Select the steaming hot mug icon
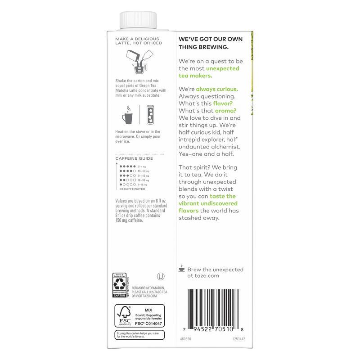click(127, 115)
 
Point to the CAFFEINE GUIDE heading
click(134, 158)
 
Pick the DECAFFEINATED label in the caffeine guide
click(135, 189)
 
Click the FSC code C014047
click(148, 323)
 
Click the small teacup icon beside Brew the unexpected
click(182, 268)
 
